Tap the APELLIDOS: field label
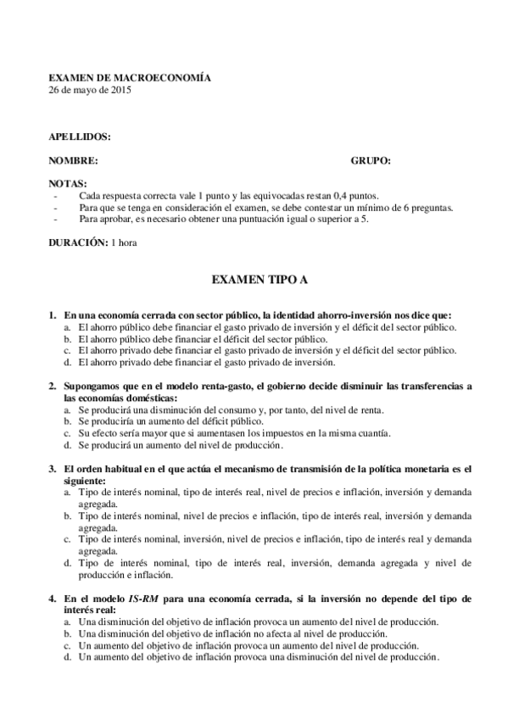(80, 136)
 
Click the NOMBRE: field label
(74, 159)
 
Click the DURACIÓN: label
(77, 242)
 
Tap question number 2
(53, 386)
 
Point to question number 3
(53, 468)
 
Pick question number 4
(53, 598)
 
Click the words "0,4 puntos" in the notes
(358, 195)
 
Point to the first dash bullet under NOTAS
(55, 195)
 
